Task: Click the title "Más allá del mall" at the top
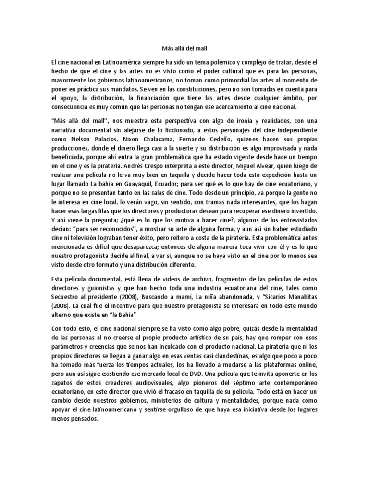pyautogui.click(x=184, y=48)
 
